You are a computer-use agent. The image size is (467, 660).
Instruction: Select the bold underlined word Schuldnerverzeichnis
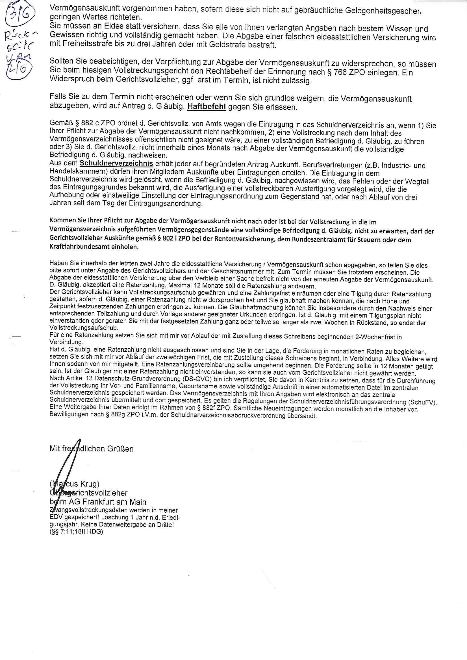116,163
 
